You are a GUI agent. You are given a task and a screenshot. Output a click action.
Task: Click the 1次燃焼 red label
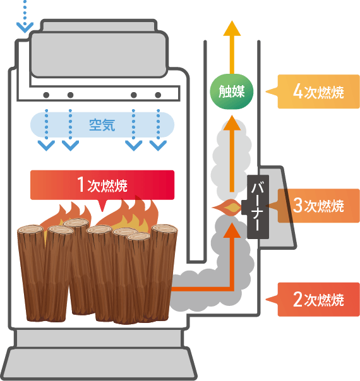102,185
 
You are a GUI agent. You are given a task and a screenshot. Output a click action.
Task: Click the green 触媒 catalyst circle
232,91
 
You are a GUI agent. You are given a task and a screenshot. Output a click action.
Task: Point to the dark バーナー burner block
258,206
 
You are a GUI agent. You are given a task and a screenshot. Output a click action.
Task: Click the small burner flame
227,208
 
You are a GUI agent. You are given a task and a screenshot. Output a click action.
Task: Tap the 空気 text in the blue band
102,125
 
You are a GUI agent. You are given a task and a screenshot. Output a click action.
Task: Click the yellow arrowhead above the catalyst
232,28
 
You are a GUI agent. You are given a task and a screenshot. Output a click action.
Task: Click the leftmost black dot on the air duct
46,95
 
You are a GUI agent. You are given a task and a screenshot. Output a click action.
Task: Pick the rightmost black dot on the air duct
158,95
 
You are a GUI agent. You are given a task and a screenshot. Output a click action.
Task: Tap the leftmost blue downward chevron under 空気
46,146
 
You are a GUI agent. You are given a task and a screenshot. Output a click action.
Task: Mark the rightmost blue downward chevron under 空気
158,146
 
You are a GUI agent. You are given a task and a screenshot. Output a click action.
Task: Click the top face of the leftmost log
30,229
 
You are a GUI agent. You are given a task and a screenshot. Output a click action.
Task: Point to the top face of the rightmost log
164,228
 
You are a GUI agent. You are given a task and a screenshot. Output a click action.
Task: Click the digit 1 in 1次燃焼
80,184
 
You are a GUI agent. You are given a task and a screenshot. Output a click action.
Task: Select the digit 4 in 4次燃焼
298,91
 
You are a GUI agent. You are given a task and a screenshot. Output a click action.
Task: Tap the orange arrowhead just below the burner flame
232,230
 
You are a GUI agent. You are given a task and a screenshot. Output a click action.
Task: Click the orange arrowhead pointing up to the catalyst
232,123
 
